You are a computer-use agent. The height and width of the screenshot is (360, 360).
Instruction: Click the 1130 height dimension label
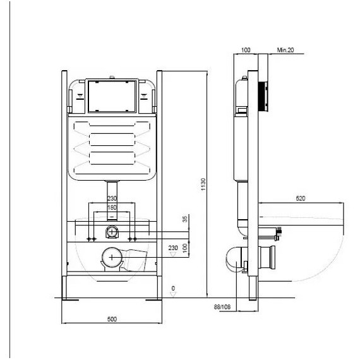coord(203,183)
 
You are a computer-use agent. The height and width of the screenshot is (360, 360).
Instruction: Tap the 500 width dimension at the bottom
coord(112,320)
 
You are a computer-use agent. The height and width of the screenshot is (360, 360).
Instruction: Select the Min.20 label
coord(285,49)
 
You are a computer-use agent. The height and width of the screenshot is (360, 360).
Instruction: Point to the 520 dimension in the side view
coord(301,199)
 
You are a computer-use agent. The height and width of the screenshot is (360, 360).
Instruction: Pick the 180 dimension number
coord(112,208)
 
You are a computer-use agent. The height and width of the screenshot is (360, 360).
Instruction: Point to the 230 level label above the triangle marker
coord(173,248)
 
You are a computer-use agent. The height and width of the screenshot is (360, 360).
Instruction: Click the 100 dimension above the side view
coord(246,49)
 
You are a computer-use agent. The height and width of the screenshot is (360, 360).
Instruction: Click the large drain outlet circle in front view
coord(112,257)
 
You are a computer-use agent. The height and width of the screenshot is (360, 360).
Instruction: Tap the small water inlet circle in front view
coord(112,231)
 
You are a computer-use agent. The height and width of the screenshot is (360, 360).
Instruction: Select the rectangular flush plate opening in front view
coord(112,95)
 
